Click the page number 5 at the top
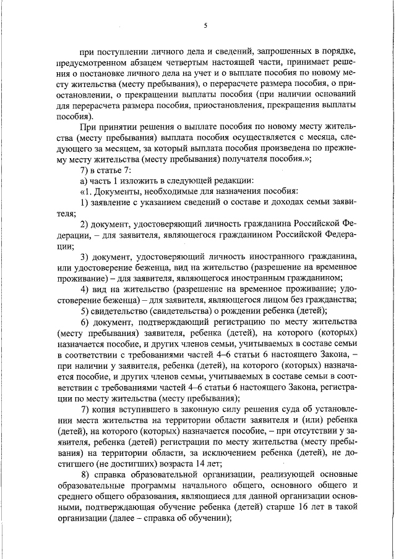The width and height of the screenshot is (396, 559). [205, 25]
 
